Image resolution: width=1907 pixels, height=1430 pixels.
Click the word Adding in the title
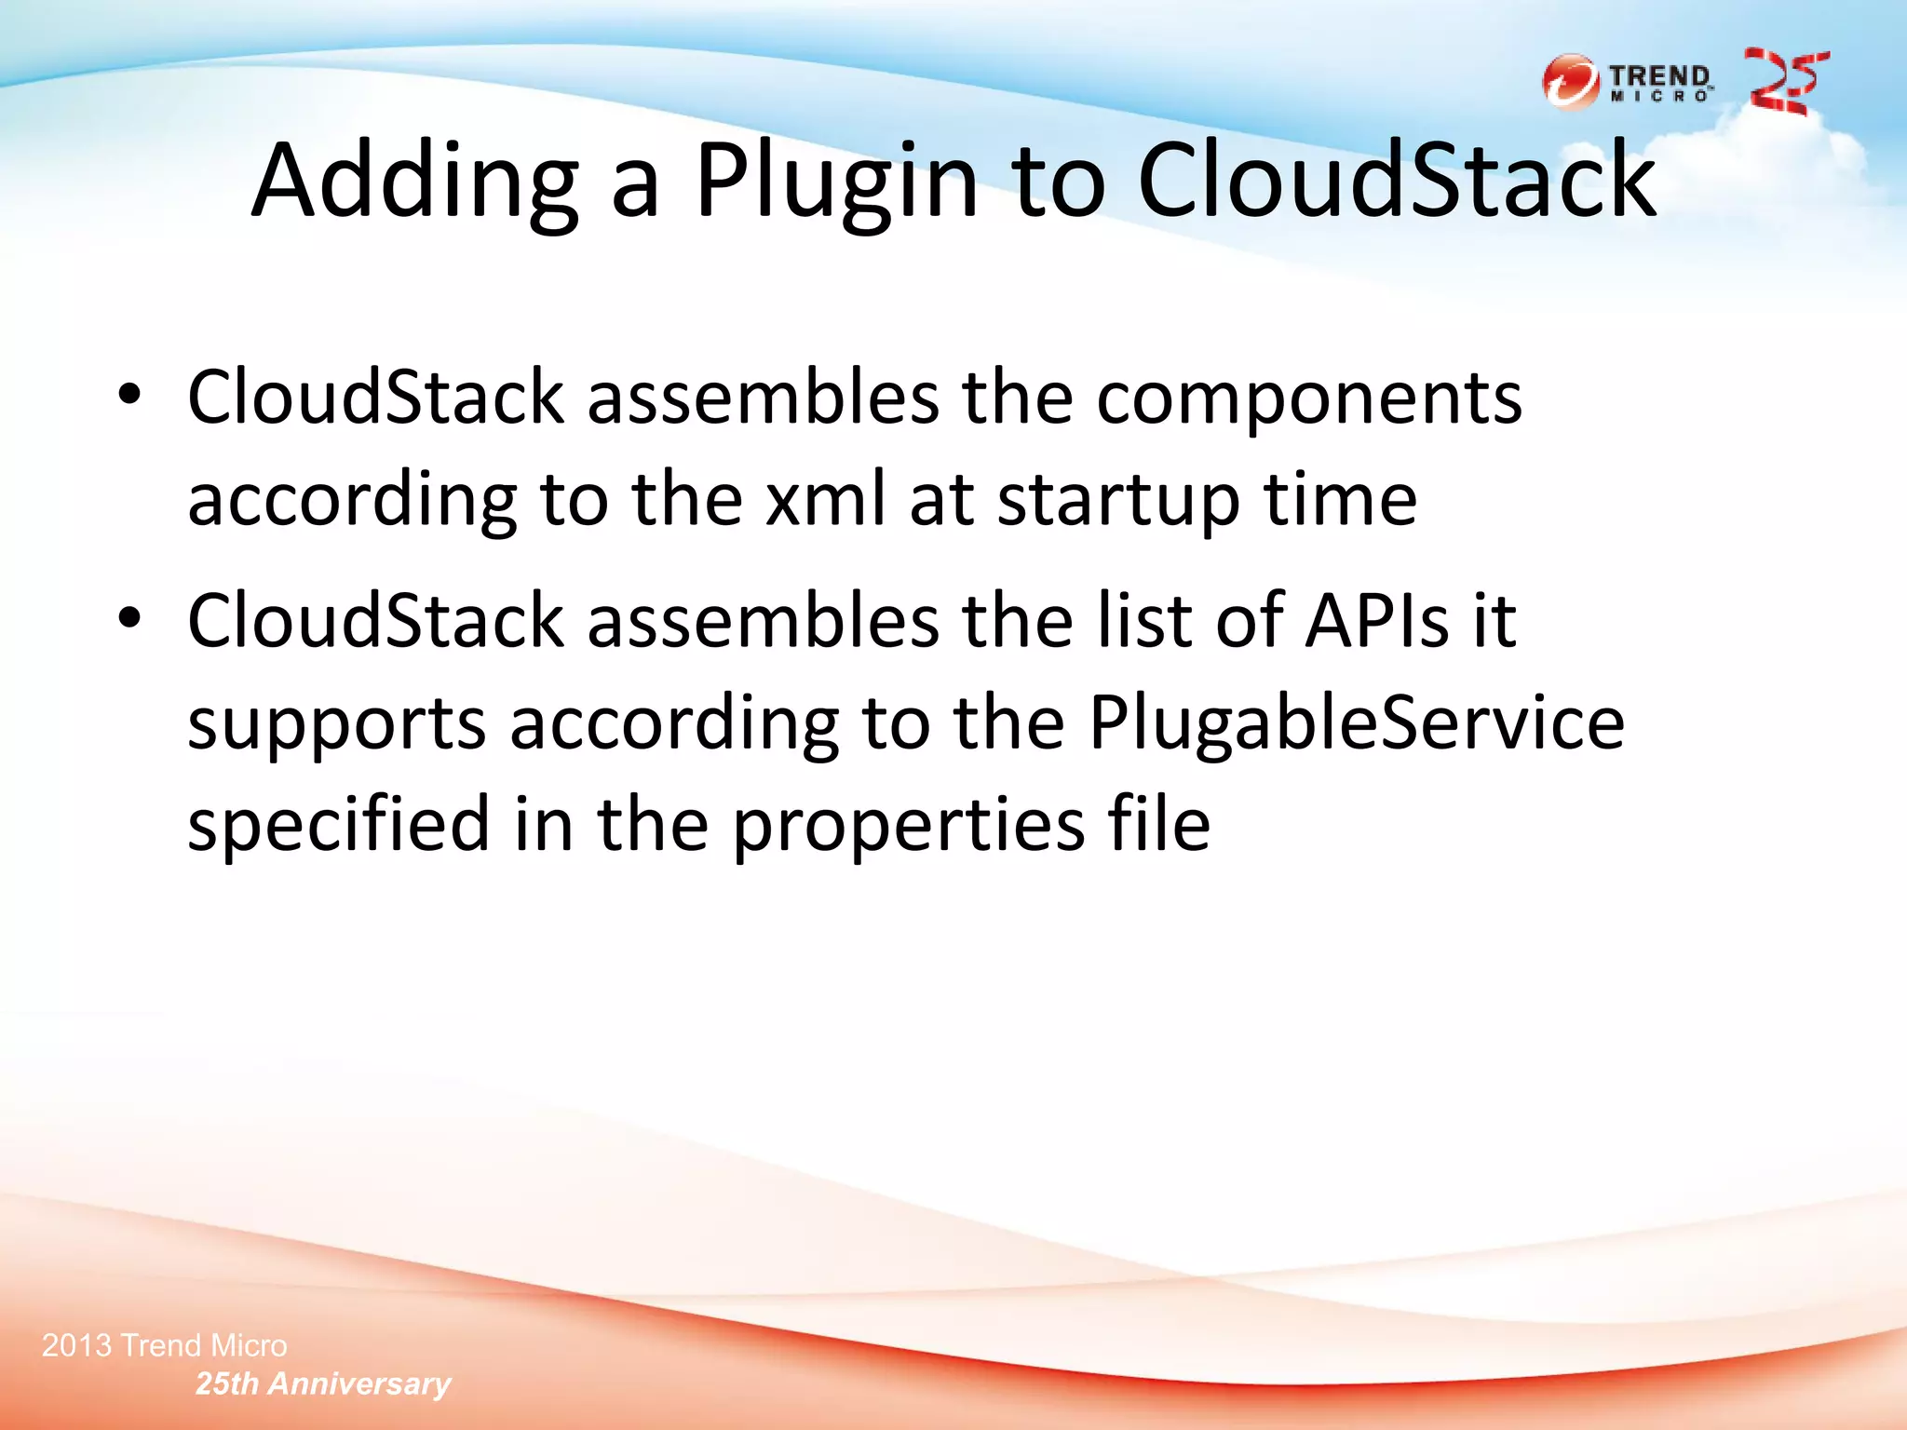click(415, 182)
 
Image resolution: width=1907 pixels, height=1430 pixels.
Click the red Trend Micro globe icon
click(1571, 83)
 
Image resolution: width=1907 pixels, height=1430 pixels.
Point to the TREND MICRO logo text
click(1661, 83)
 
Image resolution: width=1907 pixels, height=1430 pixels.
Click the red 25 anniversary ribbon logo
click(1786, 82)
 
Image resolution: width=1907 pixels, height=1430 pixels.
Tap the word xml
click(825, 499)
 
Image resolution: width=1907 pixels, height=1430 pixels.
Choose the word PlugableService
click(1356, 724)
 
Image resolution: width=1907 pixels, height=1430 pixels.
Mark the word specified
click(339, 826)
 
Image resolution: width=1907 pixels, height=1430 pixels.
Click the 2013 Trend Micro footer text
click(165, 1345)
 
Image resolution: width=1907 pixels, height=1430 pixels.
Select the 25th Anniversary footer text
click(323, 1384)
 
